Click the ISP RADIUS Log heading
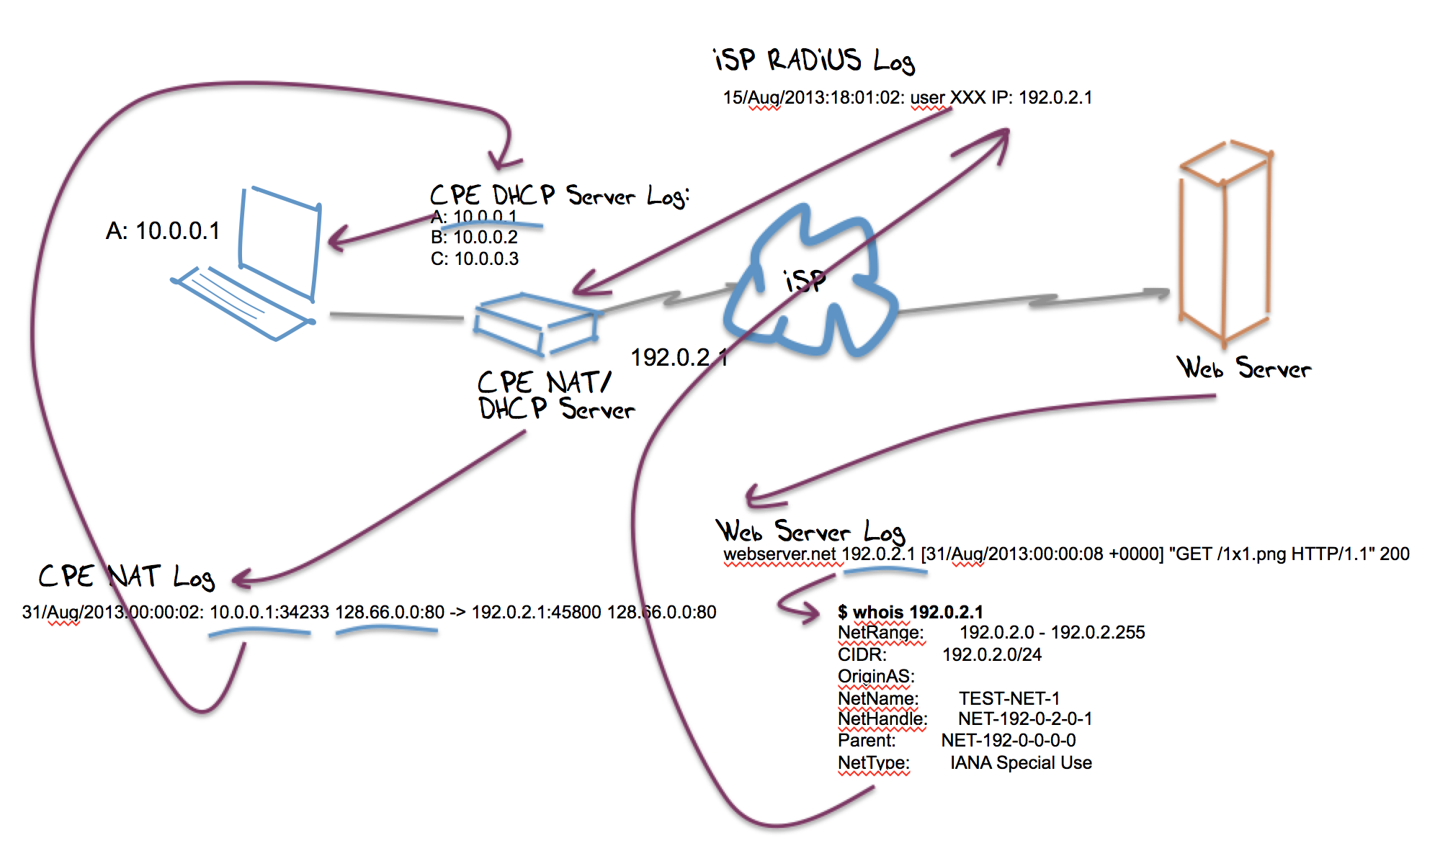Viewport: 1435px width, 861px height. pos(814,60)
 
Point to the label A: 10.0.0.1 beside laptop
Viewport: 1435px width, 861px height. pos(163,231)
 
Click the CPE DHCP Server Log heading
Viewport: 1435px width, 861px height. pos(559,196)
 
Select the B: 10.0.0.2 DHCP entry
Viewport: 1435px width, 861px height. pos(474,238)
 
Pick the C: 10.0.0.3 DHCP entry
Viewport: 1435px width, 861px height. pos(474,259)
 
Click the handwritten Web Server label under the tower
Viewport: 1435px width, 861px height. pos(1243,368)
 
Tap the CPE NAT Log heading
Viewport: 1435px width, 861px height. pos(127,577)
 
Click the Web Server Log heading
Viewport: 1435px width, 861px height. pos(810,532)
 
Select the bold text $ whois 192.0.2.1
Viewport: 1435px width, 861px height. pos(910,613)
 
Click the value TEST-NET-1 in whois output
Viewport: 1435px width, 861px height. pos(1009,698)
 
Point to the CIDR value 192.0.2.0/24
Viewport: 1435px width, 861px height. pos(992,654)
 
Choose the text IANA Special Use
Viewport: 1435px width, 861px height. pos(1021,763)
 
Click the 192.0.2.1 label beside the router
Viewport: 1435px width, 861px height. pos(679,358)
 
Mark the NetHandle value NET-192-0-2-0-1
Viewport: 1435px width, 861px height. pos(1024,719)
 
